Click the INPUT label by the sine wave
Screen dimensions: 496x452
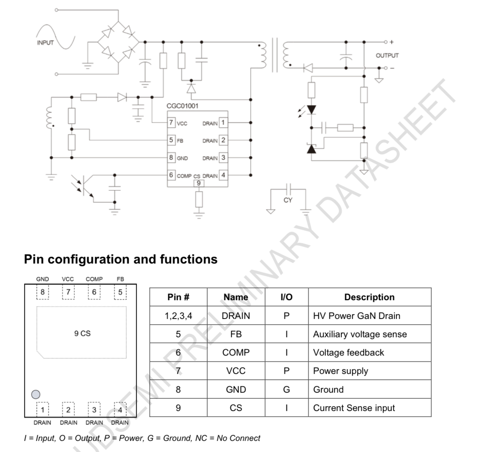pyautogui.click(x=45, y=43)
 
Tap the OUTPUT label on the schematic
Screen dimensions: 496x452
pyautogui.click(x=387, y=55)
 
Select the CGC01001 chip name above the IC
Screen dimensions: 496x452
pyautogui.click(x=183, y=106)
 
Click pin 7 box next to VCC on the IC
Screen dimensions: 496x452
pyautogui.click(x=171, y=122)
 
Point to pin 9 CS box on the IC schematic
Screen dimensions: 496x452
pyautogui.click(x=198, y=183)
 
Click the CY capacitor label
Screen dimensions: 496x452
pyautogui.click(x=288, y=200)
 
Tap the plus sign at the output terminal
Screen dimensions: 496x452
pyautogui.click(x=391, y=42)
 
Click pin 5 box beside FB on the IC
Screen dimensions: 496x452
pyautogui.click(x=171, y=140)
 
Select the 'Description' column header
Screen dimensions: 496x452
pyautogui.click(x=369, y=297)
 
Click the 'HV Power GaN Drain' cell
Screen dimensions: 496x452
pyautogui.click(x=357, y=316)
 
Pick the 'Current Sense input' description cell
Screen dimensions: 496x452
pyautogui.click(x=354, y=408)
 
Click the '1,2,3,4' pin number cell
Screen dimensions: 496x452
pyautogui.click(x=178, y=316)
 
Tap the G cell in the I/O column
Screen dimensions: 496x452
pyautogui.click(x=286, y=389)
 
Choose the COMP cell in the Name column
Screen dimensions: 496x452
pyautogui.click(x=236, y=352)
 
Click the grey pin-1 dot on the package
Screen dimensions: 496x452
pyautogui.click(x=36, y=394)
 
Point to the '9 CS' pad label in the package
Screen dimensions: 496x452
pyautogui.click(x=82, y=333)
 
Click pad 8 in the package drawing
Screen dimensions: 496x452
pyautogui.click(x=42, y=292)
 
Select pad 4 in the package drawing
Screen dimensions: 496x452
pyautogui.click(x=120, y=410)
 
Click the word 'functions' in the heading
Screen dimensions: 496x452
pyautogui.click(x=188, y=259)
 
